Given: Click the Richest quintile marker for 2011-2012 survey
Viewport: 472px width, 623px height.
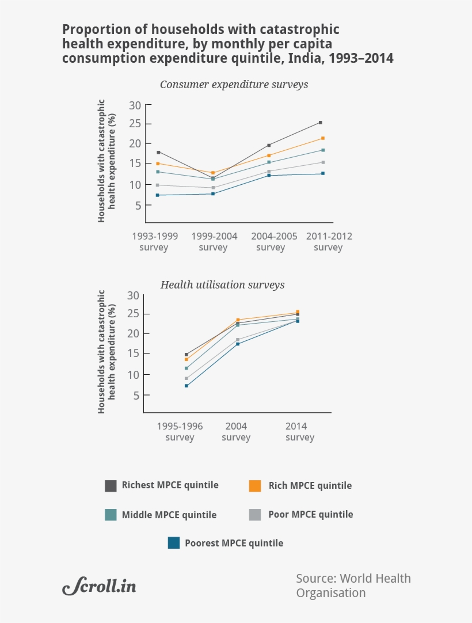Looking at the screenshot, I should click(x=320, y=122).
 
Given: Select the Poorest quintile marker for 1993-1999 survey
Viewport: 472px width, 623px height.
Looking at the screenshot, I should click(x=157, y=195).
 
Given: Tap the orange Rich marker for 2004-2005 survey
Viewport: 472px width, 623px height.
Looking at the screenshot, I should click(x=269, y=155).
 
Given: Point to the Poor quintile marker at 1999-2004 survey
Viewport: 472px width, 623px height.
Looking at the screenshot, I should click(x=213, y=188).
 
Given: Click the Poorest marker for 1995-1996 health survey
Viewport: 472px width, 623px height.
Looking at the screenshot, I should click(x=186, y=386).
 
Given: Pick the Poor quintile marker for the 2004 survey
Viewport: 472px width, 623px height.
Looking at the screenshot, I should click(x=238, y=340).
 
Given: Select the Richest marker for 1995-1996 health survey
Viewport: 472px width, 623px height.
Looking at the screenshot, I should click(x=186, y=355).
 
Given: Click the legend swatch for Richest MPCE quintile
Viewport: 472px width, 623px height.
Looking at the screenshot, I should click(x=111, y=485).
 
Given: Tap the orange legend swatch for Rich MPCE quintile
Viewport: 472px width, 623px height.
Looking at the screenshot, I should click(x=255, y=485).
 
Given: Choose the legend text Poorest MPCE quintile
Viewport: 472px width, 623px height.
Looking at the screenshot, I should click(x=234, y=543).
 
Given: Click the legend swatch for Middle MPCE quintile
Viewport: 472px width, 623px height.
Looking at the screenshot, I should click(x=111, y=515).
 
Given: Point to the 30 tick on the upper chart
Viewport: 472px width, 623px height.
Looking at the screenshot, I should click(x=135, y=105).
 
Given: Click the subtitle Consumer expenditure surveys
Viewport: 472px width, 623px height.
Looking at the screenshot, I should click(x=234, y=85).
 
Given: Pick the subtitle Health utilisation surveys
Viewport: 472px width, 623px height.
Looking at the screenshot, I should click(x=222, y=285).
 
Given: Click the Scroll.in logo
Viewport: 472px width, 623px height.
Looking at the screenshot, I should click(x=100, y=586).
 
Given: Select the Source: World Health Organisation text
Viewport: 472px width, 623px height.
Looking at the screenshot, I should click(x=353, y=586).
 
